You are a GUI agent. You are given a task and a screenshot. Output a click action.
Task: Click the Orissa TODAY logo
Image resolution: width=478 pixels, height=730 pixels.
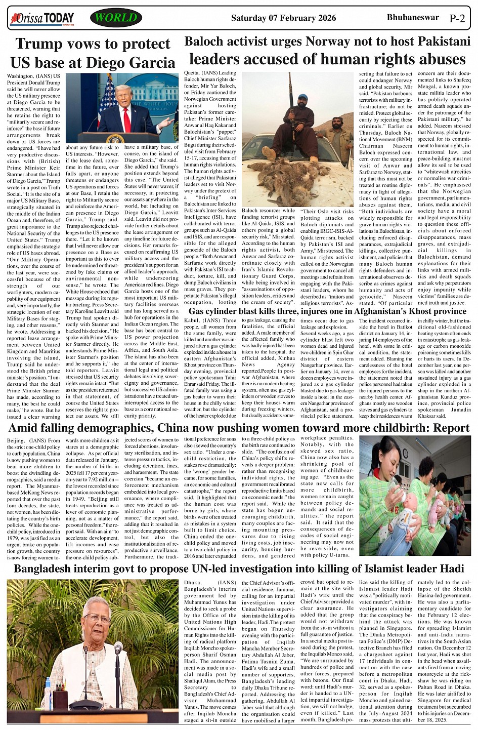click(x=42, y=19)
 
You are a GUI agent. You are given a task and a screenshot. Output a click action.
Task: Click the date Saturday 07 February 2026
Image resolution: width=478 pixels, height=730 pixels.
click(x=283, y=18)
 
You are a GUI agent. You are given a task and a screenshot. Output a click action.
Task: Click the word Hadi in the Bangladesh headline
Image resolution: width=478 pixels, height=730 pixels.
click(x=448, y=569)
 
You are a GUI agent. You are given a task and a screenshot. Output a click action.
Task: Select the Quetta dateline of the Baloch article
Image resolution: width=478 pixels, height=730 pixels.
click(x=194, y=73)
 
